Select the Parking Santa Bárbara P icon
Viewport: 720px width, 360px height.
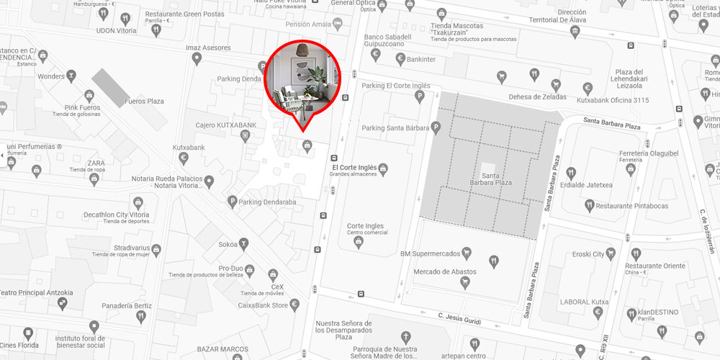pos(435,128)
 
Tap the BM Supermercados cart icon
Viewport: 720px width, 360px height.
pos(467,252)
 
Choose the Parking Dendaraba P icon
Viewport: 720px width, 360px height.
pos(232,202)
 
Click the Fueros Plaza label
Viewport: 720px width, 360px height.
pos(145,102)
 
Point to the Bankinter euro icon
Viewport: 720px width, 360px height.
pos(375,55)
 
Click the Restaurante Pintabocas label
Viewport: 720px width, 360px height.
pos(631,206)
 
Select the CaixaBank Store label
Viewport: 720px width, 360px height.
pos(269,306)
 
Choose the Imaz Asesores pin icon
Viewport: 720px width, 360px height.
pos(197,59)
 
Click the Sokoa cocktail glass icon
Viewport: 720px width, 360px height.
pos(246,245)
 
